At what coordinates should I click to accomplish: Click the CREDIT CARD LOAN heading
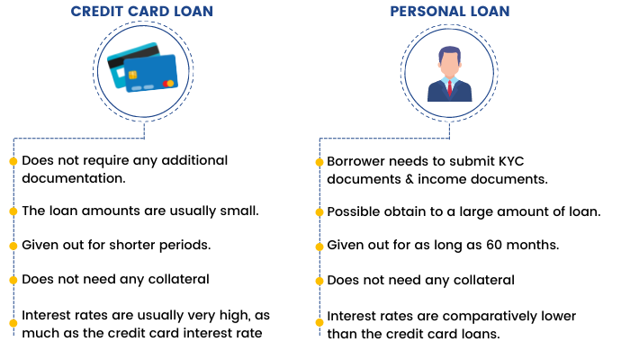pos(142,11)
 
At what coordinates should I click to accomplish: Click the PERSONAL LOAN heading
pos(450,11)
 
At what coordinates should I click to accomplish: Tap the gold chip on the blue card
pos(132,75)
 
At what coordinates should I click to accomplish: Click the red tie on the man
pos(450,87)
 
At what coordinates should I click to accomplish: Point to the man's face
pos(450,66)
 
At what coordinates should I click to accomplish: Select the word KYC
pos(511,161)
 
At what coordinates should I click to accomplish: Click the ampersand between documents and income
pos(409,179)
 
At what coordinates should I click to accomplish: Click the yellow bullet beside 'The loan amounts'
pos(13,211)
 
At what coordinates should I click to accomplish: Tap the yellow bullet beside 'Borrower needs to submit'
pos(319,162)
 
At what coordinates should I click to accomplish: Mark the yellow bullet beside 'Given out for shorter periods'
pos(13,246)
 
